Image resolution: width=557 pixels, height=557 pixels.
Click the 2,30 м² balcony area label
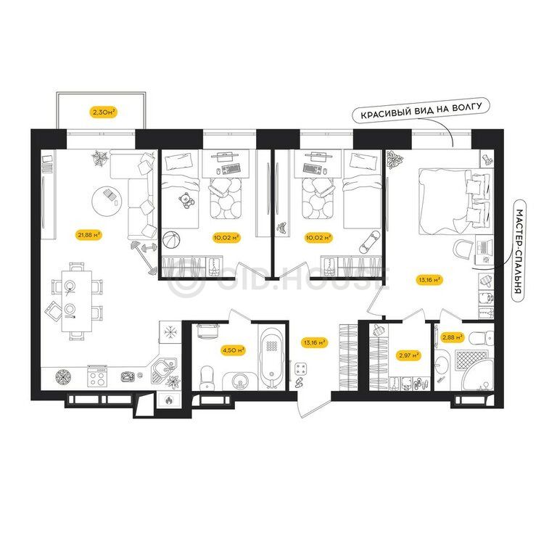[x=104, y=112]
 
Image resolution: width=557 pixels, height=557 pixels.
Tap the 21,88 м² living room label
[x=88, y=235]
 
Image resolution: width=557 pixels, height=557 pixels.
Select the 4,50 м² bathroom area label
[x=234, y=350]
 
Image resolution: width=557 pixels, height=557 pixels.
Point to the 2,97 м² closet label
[x=408, y=355]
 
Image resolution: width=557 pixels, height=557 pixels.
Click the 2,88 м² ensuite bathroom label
[x=453, y=337]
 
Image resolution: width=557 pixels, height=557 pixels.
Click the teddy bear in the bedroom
[x=186, y=201]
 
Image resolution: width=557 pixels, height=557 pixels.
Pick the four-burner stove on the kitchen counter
[x=97, y=376]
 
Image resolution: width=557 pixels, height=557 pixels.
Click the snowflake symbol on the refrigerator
[x=170, y=332]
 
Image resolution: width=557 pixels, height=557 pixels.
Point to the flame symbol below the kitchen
[x=169, y=400]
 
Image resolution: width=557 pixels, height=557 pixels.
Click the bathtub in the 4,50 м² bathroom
[x=272, y=357]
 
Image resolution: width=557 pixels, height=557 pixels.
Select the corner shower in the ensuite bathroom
[x=474, y=371]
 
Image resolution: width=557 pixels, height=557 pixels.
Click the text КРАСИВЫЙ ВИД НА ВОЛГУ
[x=421, y=110]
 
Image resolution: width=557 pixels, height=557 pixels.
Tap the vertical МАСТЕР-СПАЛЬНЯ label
[x=519, y=252]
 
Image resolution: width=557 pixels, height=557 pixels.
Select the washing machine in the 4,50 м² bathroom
[x=207, y=331]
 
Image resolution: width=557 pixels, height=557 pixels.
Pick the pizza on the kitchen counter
[x=65, y=376]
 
